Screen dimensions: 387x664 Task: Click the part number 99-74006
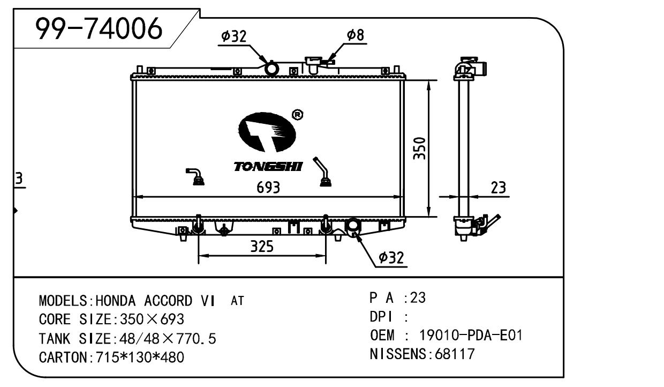99,29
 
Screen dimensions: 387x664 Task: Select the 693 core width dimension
268,188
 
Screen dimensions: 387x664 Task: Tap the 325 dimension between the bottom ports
262,247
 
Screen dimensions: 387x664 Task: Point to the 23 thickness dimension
498,188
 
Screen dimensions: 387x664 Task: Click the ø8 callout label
356,35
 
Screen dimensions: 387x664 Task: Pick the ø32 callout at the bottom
390,258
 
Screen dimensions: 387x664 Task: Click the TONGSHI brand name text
268,167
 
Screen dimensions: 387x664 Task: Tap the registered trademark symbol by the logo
297,115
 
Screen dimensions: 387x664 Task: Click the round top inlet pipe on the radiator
272,69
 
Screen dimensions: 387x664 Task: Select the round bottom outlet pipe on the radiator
353,227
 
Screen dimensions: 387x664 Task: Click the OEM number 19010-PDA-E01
471,336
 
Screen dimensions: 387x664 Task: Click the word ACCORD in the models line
170,301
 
